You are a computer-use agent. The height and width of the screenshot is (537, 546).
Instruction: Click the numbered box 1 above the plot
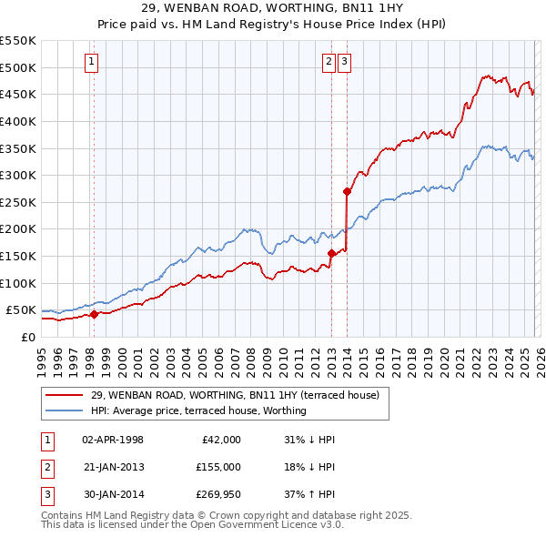(93, 62)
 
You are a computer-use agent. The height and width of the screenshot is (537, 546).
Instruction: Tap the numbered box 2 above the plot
(329, 62)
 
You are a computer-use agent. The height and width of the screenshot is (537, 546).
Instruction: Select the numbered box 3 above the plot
(345, 62)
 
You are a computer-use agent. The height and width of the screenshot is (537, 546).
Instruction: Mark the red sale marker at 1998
(93, 315)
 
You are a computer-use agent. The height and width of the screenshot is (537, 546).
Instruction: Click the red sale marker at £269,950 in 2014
(347, 191)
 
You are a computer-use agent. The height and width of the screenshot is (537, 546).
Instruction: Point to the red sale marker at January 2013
(331, 254)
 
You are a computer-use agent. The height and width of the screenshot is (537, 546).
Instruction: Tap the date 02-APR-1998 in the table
(112, 440)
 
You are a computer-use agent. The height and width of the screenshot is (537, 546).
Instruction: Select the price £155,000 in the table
(217, 467)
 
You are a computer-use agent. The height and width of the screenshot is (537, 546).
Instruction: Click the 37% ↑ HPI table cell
(309, 494)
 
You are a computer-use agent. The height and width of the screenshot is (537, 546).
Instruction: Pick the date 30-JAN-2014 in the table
(112, 494)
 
